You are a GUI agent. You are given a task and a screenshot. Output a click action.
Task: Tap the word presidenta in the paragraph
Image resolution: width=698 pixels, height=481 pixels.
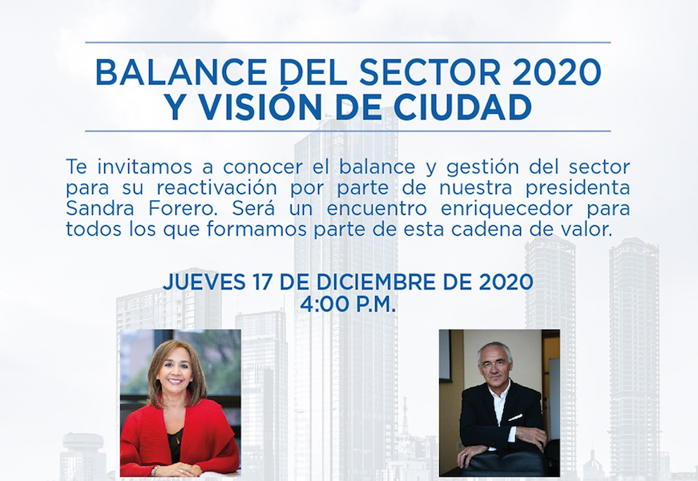577,188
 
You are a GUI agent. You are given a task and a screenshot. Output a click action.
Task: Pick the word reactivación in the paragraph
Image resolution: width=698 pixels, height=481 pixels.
217,188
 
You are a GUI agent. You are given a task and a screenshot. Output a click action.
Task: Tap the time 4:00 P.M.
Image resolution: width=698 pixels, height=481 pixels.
348,305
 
